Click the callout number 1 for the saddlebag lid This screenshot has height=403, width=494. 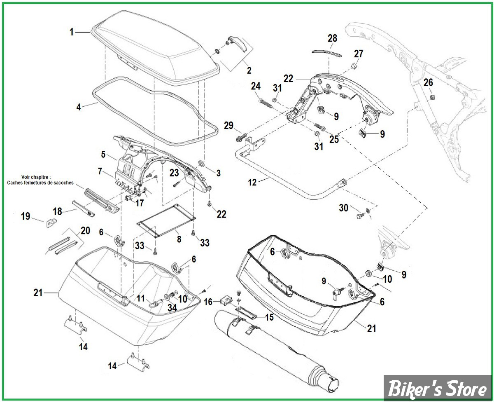tap(72, 32)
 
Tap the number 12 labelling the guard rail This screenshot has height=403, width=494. tap(252, 182)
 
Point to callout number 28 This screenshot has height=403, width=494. tap(332, 38)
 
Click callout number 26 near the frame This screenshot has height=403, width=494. tap(429, 83)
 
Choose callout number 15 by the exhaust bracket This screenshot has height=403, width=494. tap(269, 317)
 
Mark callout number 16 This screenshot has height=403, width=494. tap(208, 302)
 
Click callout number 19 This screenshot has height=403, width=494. tap(26, 216)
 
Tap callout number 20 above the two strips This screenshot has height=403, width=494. tap(85, 230)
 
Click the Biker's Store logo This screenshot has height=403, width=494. tap(437, 389)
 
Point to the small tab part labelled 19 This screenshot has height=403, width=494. tap(51, 224)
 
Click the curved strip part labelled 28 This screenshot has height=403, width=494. tap(326, 53)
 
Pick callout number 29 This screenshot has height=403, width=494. tap(229, 125)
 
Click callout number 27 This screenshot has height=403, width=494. tap(359, 54)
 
